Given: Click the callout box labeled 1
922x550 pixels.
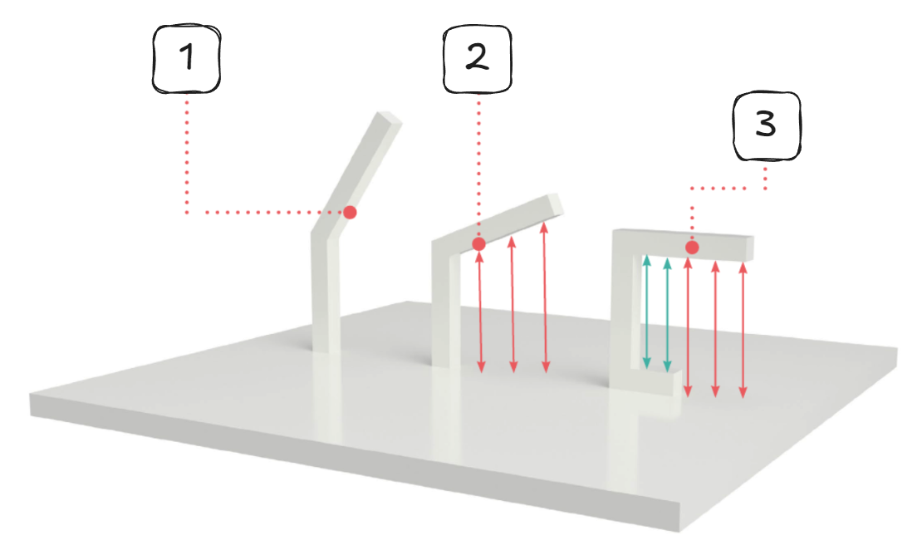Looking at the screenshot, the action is (x=186, y=59).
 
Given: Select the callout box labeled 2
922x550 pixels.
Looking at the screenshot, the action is (x=477, y=59).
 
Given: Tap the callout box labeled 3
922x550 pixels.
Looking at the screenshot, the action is (x=767, y=125).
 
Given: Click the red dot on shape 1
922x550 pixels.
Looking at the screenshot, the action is (x=350, y=213).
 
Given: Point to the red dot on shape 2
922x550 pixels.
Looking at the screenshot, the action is (x=478, y=243).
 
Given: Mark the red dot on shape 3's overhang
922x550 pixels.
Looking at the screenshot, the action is (x=692, y=248).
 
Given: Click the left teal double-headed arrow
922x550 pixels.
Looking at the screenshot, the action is (x=646, y=312).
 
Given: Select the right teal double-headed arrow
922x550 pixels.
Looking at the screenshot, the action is (x=667, y=315).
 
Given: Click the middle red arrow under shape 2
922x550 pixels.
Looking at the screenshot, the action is (x=512, y=304).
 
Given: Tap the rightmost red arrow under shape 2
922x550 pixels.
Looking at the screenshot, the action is (x=545, y=297).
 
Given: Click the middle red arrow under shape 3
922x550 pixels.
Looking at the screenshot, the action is (x=715, y=329).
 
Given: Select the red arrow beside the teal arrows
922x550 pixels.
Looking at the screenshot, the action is (x=688, y=327).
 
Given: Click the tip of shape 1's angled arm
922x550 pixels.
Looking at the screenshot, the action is (x=390, y=118).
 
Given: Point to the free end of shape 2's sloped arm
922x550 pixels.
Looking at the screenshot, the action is (x=556, y=204).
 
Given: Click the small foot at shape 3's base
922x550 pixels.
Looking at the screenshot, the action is (x=655, y=382).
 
